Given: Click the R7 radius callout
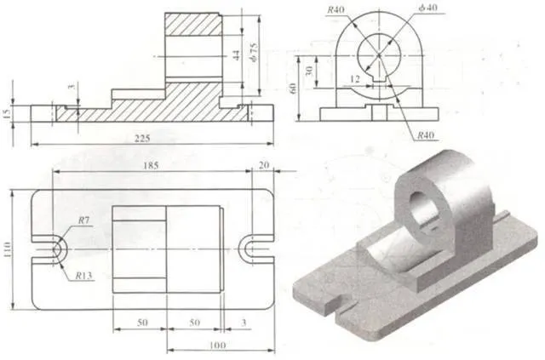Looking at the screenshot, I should [84, 220].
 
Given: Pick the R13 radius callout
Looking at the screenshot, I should [83, 275].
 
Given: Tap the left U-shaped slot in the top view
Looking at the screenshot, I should [55, 248].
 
